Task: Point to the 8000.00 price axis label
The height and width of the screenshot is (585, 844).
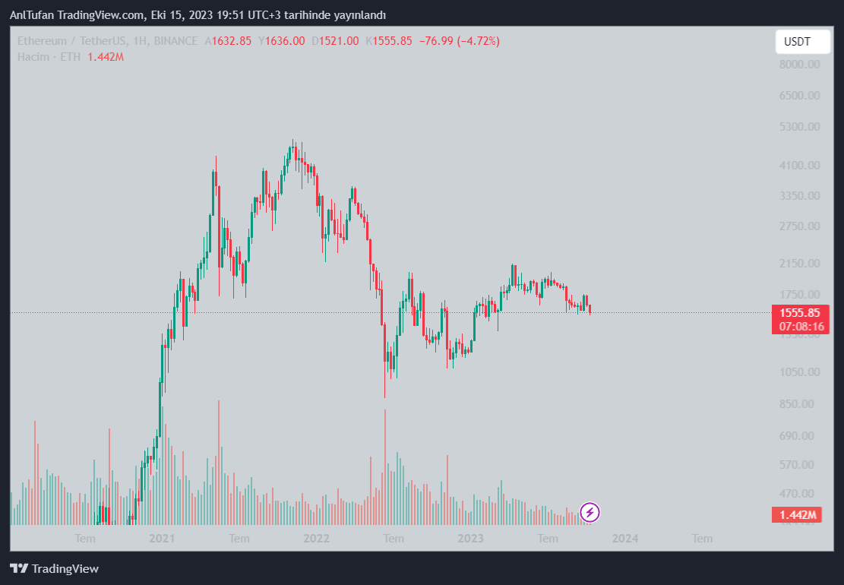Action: coord(800,65)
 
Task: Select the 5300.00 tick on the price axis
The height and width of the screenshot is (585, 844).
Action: coord(800,126)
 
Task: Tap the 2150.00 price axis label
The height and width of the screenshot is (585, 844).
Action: coord(800,263)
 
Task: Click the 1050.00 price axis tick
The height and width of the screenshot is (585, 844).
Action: coord(800,372)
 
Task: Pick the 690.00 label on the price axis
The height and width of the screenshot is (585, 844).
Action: coord(800,436)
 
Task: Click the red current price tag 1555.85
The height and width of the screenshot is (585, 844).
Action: coord(800,312)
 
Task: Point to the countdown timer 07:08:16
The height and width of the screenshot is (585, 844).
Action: coord(800,326)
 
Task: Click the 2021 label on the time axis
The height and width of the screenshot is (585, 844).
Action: coord(162,539)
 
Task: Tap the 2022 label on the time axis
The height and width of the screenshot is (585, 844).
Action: coord(316,539)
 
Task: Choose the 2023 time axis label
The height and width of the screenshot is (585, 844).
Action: coord(471,539)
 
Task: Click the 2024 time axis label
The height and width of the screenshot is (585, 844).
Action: coord(625,539)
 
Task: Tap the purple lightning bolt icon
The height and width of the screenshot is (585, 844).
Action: coord(590,512)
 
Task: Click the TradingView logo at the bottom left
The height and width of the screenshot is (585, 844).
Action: coord(54,568)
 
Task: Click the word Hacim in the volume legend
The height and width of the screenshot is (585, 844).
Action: coord(33,57)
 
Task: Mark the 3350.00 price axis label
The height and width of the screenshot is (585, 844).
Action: coord(800,195)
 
